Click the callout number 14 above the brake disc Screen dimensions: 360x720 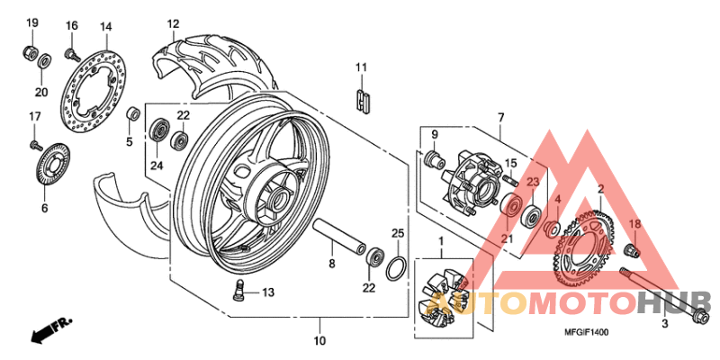[105, 26]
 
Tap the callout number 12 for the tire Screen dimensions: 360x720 [173, 23]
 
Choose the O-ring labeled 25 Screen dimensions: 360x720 [394, 268]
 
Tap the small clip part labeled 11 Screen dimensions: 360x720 [363, 97]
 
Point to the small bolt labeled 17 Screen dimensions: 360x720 [34, 143]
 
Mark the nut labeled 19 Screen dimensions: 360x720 [30, 51]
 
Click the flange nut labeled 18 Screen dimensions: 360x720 [633, 248]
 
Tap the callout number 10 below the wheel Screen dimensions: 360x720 [319, 341]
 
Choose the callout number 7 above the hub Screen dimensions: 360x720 [500, 117]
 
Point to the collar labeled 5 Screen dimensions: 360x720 [131, 113]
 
